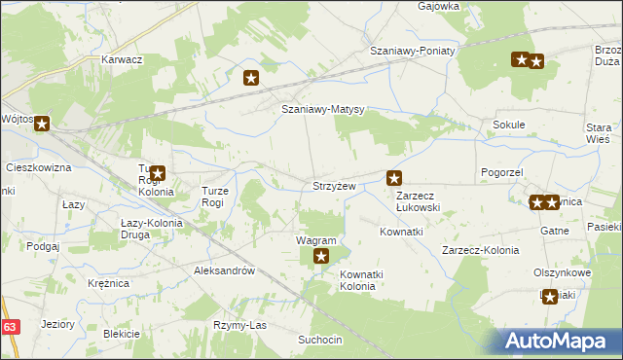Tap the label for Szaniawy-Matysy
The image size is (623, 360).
pos(322,110)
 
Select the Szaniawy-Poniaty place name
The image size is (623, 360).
pos(412,51)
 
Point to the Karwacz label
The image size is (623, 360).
pos(123,59)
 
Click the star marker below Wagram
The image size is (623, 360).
pos(321,258)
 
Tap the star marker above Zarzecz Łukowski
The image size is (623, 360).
pos(394,178)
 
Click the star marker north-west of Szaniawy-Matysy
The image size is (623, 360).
pos(251,79)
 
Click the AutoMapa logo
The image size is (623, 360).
pos(560,341)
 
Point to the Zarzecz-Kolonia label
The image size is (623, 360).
pos(480,250)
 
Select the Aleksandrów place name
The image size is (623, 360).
pos(224,271)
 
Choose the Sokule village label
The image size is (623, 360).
pos(509,125)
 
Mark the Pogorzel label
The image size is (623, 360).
pos(502,171)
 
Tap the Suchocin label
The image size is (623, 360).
pos(320,340)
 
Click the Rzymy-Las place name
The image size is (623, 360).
pos(239,324)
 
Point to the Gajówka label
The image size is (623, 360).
pos(438,6)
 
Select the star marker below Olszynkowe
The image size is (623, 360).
pos(550,298)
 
